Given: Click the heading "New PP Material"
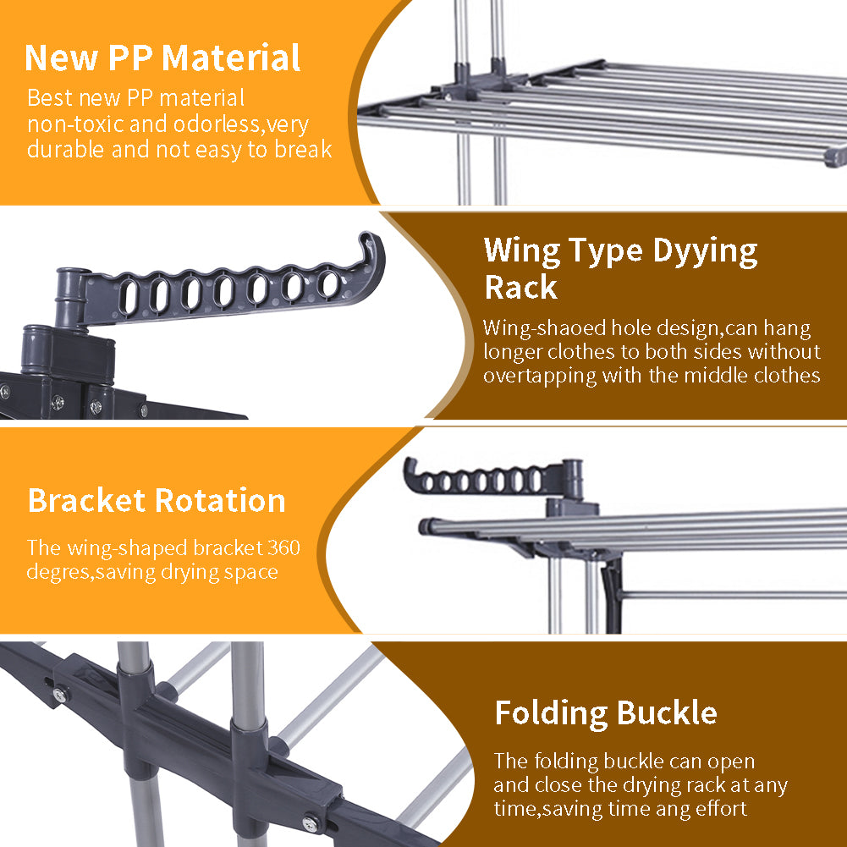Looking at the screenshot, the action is click(162, 58).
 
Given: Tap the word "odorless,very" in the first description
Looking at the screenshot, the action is click(241, 124).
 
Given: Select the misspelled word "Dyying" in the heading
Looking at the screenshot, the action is click(705, 251).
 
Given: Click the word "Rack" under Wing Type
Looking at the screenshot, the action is click(520, 287).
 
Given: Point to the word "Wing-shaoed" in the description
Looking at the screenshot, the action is click(545, 328).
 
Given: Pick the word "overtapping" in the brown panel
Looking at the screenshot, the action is click(540, 376).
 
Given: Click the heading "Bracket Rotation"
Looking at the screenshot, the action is click(157, 500).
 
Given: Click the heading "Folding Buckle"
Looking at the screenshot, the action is click(606, 713).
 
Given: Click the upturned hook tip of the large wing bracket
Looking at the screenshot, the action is click(368, 238).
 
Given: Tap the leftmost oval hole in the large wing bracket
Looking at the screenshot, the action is click(128, 296).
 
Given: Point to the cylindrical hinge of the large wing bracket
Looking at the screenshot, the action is click(72, 298).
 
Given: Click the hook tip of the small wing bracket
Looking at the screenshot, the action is click(410, 464).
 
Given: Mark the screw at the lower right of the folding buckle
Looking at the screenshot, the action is click(311, 823).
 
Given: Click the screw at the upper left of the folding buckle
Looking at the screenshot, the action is click(60, 695).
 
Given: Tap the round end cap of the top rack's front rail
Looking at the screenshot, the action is click(836, 157).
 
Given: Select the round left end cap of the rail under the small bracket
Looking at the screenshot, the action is click(426, 526).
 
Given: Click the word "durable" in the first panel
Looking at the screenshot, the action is click(65, 150).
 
